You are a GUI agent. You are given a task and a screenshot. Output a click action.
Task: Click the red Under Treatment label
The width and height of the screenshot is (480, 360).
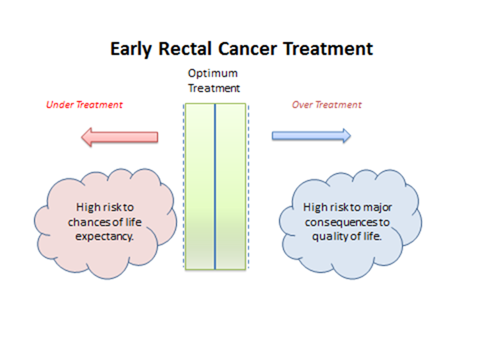coord(84,104)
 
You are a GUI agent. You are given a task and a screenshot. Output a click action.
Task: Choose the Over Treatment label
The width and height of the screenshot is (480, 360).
coord(326,104)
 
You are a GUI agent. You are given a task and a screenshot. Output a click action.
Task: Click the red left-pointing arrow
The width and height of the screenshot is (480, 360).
coord(120,136)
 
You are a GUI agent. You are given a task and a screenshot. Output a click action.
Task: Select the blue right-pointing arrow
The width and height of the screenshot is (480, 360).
coord(311,136)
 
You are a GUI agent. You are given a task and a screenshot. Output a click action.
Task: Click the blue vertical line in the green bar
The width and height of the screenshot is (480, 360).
coord(215,185)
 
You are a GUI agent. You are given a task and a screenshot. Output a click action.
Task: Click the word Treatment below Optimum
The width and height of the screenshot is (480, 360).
coord(214,89)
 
